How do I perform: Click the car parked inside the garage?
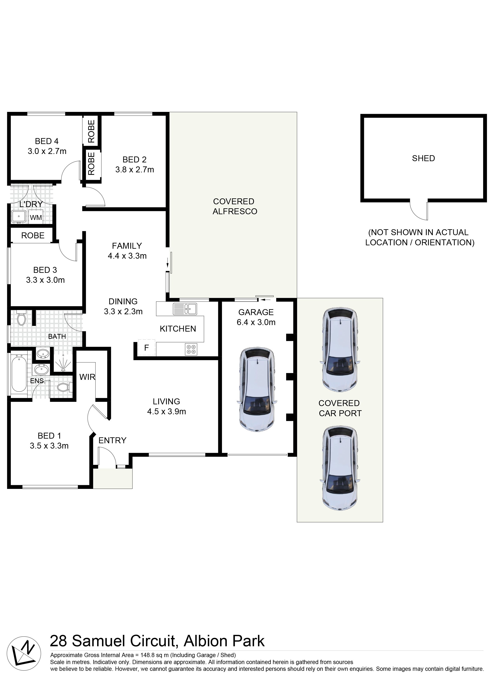click(257, 390)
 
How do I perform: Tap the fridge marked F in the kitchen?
click(146, 347)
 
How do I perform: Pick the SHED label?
click(423, 158)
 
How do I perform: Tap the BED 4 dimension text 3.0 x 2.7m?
click(47, 151)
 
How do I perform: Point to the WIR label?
click(87, 377)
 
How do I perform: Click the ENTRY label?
click(112, 440)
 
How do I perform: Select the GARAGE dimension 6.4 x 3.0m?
click(256, 322)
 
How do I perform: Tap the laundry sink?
click(19, 216)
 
